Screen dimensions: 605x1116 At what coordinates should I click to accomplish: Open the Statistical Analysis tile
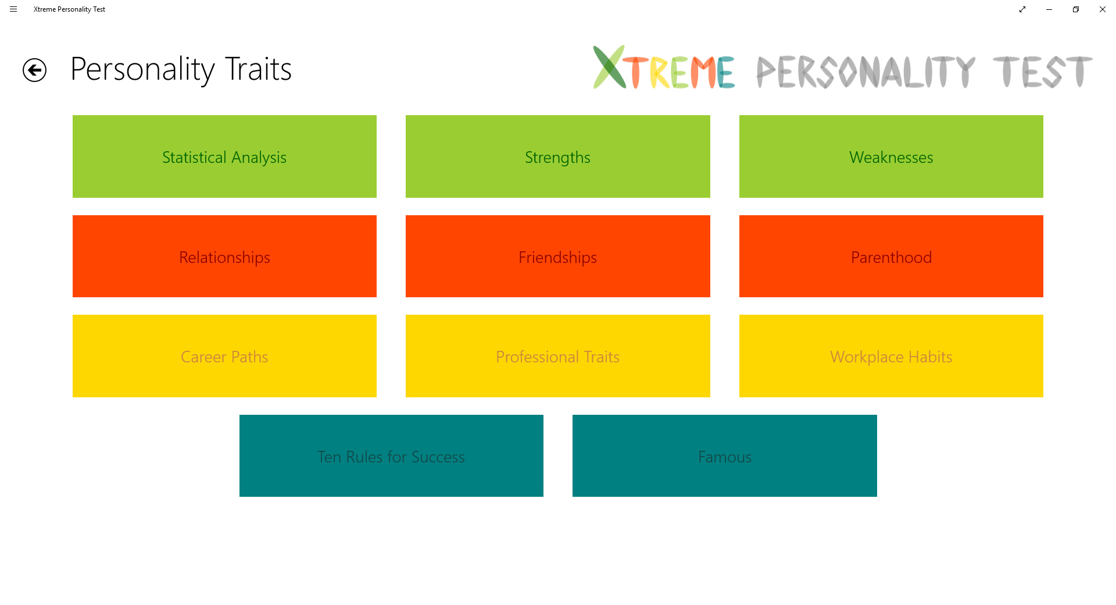coord(224,156)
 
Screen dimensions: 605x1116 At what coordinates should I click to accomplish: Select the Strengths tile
coord(557,156)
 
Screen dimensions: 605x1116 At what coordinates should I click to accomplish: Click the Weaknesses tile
coord(890,156)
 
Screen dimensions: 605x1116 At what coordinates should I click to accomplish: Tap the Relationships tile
coord(224,257)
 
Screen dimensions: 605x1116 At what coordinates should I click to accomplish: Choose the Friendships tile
coord(557,257)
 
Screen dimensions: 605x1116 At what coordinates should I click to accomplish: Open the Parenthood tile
coord(890,257)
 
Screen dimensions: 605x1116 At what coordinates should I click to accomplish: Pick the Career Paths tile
coord(224,356)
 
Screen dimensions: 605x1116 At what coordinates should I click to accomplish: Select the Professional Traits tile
coord(557,356)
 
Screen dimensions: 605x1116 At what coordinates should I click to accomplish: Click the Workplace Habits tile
coord(890,356)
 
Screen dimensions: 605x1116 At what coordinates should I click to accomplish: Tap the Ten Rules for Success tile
coord(391,456)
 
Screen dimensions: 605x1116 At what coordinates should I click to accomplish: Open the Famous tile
coord(724,456)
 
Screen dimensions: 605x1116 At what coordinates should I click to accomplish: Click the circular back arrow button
coord(34,70)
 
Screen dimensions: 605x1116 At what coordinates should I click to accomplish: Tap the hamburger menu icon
coord(13,9)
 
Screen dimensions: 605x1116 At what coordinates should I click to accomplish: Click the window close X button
coord(1102,9)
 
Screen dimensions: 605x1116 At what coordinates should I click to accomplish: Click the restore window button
coord(1075,9)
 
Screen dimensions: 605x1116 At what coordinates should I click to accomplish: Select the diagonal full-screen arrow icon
coord(1022,9)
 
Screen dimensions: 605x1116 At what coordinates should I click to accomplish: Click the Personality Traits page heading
coord(181,69)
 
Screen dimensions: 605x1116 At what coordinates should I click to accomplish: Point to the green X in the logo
coord(609,67)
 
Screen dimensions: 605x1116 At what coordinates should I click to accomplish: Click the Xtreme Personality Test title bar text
coord(69,9)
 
